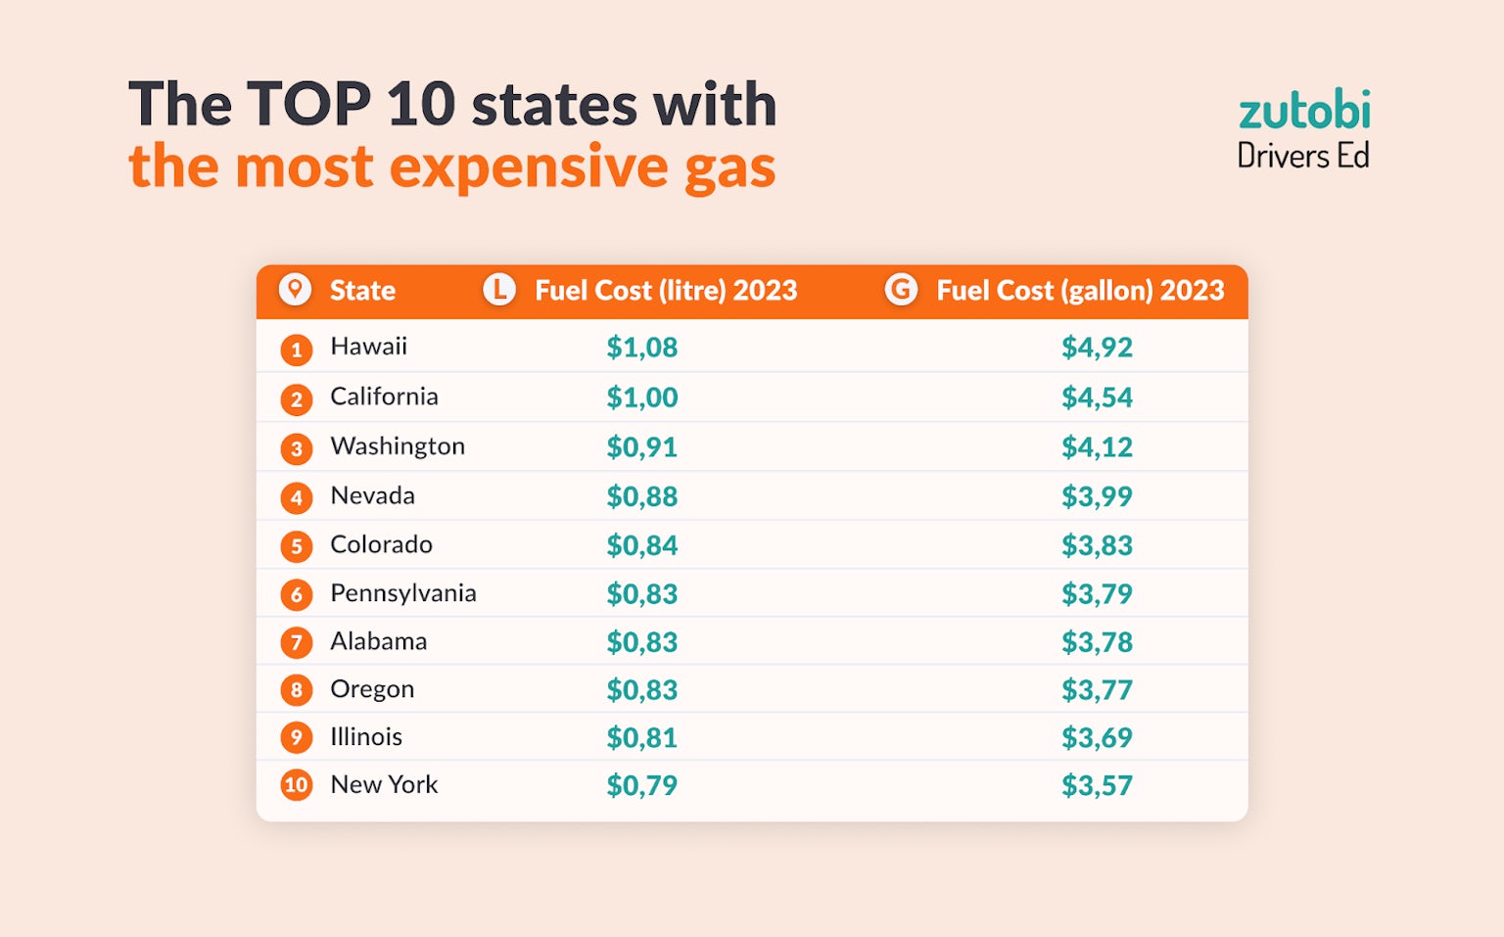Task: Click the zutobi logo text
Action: (1303, 111)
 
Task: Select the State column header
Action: (362, 291)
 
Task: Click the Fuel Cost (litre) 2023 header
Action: (666, 291)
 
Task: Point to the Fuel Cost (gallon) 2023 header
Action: (1080, 291)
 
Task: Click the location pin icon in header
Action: (295, 290)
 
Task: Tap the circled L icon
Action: (499, 290)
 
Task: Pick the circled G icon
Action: (901, 290)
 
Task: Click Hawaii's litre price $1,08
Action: (641, 348)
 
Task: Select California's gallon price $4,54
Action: (1097, 398)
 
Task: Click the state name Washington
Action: (398, 446)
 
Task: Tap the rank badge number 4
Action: (297, 497)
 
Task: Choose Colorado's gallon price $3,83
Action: (1097, 545)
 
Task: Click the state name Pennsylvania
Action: (403, 593)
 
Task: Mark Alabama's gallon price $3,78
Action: (1097, 642)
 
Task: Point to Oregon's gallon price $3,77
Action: (1097, 690)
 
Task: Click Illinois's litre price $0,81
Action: (641, 738)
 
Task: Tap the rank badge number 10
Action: (297, 785)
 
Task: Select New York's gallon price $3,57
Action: (1097, 786)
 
